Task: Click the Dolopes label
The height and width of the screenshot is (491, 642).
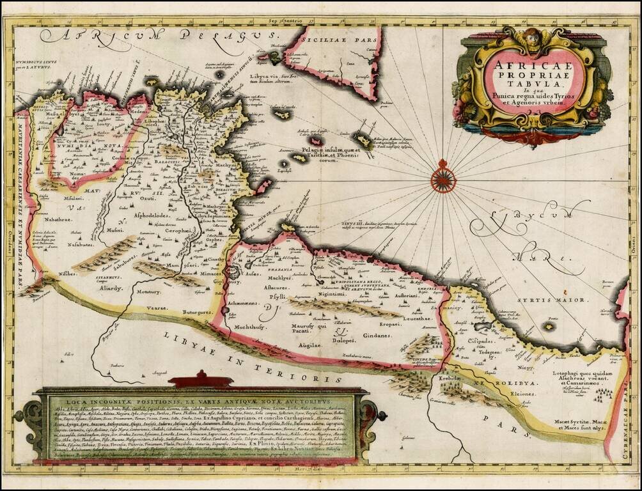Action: click(343, 340)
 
